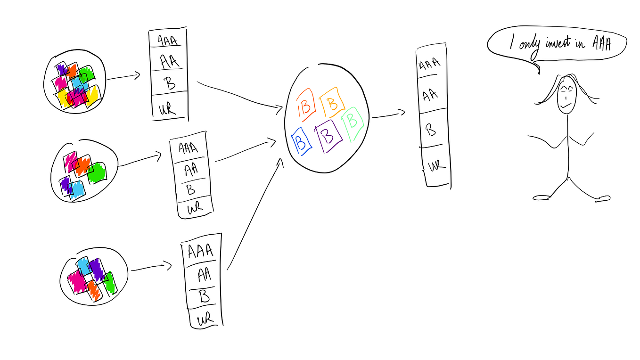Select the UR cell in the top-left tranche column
(x=170, y=107)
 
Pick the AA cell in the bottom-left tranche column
(x=203, y=275)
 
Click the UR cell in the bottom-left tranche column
(x=205, y=317)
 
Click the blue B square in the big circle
(x=301, y=141)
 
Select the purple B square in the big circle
(x=328, y=136)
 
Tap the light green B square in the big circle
(x=353, y=123)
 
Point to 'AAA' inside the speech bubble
(x=601, y=44)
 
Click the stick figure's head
(x=567, y=96)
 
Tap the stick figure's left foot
(x=541, y=198)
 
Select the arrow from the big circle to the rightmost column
(x=388, y=115)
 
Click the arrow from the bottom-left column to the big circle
(x=254, y=214)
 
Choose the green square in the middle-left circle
(x=97, y=172)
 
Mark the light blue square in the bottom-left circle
(x=83, y=266)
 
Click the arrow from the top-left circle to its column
(x=123, y=77)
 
